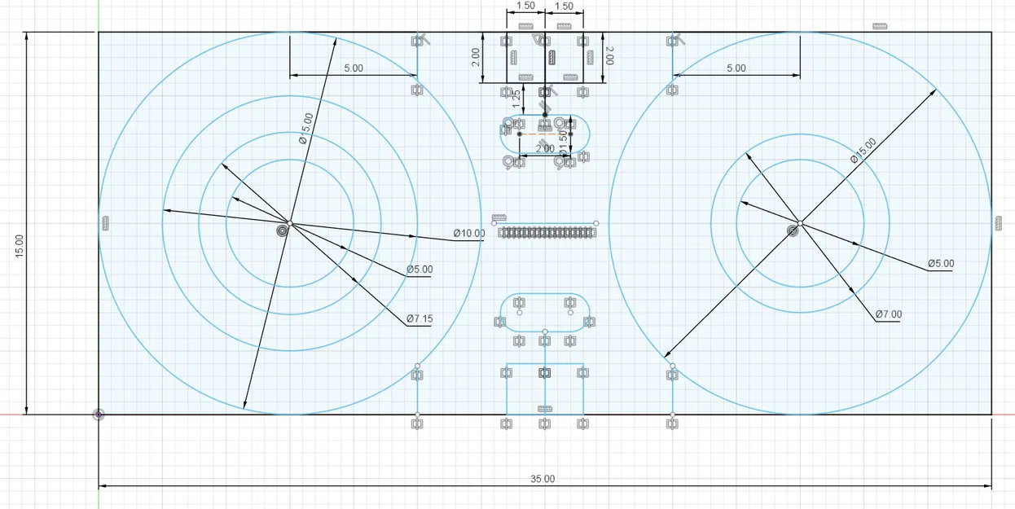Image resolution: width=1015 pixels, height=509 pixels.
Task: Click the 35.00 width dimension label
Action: (543, 479)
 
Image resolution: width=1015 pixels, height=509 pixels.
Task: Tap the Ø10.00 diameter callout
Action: (469, 234)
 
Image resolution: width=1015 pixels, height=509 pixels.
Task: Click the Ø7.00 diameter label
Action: (889, 314)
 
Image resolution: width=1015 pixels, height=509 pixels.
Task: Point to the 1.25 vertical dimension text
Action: (516, 99)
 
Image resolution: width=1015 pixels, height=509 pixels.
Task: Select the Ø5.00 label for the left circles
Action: (420, 270)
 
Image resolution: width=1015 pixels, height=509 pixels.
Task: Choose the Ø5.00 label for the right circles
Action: (940, 264)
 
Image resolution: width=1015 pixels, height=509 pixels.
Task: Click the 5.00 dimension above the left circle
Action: (353, 68)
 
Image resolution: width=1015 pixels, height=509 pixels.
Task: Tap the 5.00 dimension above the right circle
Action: (736, 68)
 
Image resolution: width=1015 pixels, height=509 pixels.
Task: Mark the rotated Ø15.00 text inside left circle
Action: (305, 129)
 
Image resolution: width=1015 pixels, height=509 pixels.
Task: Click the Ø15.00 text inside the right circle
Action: (863, 150)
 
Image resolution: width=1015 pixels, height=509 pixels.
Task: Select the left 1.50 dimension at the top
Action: (525, 6)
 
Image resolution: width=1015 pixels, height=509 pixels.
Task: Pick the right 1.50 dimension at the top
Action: (564, 6)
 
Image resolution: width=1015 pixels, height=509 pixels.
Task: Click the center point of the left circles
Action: (289, 223)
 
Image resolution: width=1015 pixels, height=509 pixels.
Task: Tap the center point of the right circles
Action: (800, 223)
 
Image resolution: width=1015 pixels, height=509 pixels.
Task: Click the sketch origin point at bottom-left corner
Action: (99, 415)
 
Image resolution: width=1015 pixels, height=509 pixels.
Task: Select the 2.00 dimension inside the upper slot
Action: (545, 149)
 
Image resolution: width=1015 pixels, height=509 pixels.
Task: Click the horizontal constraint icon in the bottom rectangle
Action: (545, 408)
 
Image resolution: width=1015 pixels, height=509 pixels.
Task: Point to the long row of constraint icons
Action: (545, 233)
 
